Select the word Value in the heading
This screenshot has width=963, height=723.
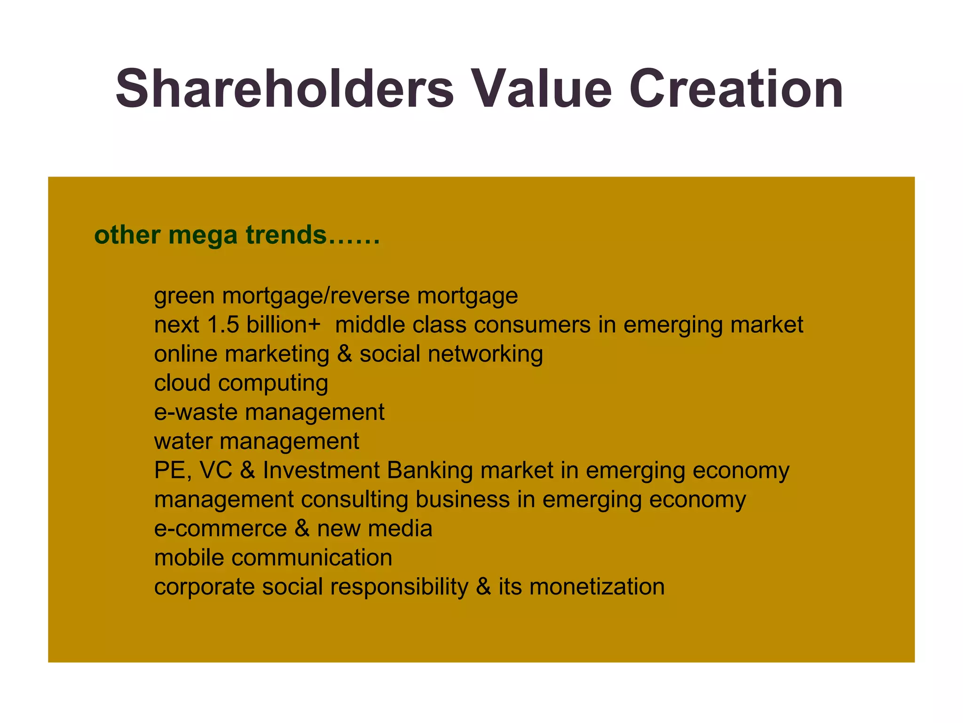coord(542,89)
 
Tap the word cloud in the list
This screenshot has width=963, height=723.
coord(182,383)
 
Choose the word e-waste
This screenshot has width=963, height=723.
coord(196,412)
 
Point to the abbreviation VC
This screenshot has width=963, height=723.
coord(216,470)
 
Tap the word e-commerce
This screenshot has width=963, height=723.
coord(221,529)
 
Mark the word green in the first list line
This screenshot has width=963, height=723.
coord(184,297)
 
